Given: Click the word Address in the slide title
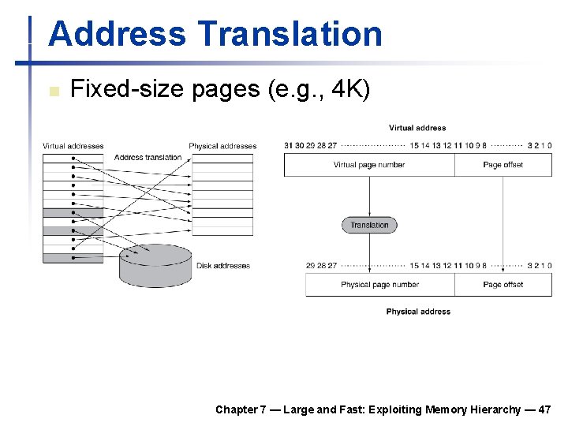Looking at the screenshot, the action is point(117,34).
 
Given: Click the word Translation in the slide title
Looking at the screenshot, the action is point(290,34).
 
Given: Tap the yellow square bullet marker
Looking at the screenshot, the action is point(54,92).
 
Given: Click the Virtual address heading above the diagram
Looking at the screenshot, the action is point(417,128).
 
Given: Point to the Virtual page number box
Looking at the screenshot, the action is point(369,165).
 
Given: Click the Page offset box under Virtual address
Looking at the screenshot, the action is point(503,165).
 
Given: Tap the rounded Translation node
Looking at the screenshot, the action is point(369,225).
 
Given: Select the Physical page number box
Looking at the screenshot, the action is point(380,285).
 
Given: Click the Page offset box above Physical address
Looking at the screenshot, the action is point(503,285).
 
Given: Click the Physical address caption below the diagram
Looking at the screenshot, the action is point(418,312).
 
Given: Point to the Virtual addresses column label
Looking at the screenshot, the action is point(73,146).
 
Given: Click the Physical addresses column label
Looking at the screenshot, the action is point(222,146).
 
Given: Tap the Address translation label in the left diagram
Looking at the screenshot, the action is point(148,157).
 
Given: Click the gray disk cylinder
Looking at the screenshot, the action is point(155,265).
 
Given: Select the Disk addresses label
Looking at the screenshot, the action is point(223,266).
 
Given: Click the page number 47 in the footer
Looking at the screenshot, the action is point(544,409).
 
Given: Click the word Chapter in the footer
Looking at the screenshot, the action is point(236,409).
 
